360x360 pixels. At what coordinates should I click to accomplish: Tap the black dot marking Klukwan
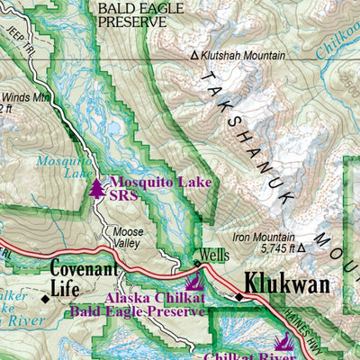tap(239, 295)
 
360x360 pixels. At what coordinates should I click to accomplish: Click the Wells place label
tap(213, 255)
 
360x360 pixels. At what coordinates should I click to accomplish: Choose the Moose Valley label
tap(128, 237)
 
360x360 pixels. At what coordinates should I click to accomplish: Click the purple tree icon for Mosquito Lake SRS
tap(97, 187)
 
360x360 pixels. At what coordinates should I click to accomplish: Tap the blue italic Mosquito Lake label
tap(57, 168)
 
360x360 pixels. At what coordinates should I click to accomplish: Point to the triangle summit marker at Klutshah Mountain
tap(193, 56)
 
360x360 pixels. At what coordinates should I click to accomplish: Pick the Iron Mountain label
tap(264, 237)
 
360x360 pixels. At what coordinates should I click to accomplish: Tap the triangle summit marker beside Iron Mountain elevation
tap(302, 248)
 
